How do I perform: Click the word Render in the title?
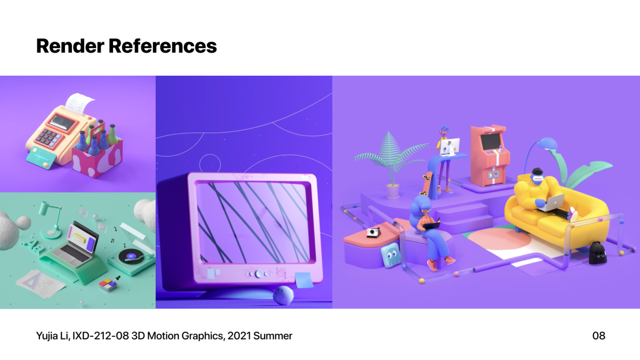click(x=70, y=46)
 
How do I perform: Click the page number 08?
click(x=598, y=335)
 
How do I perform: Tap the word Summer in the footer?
click(x=273, y=335)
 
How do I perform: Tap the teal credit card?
click(x=40, y=158)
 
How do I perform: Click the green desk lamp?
click(x=51, y=220)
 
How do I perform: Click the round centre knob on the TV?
click(x=259, y=274)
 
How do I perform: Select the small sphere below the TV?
click(x=283, y=295)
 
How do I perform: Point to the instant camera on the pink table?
click(x=373, y=233)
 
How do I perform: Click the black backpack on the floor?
click(x=597, y=253)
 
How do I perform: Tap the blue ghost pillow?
click(x=391, y=255)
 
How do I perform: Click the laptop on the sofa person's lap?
click(x=551, y=203)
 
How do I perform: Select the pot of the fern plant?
click(x=393, y=191)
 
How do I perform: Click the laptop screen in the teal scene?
click(x=83, y=238)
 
